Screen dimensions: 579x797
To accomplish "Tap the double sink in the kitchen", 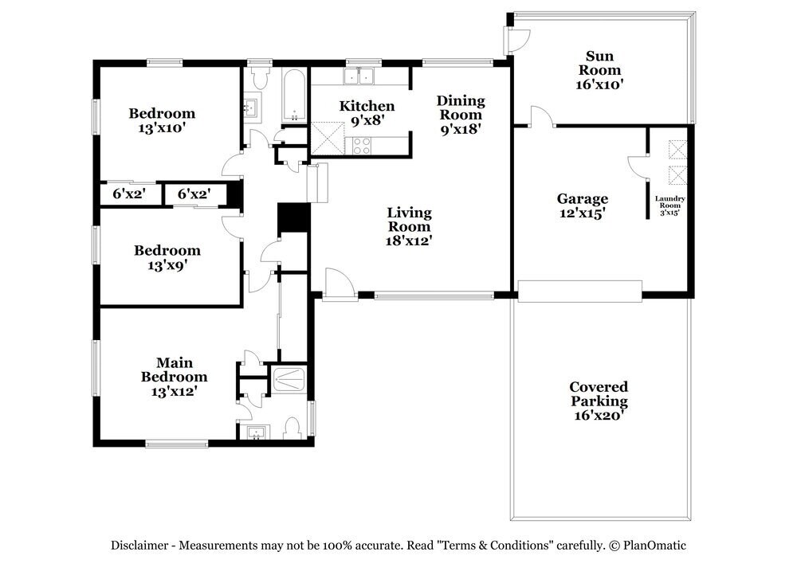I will click(359, 76).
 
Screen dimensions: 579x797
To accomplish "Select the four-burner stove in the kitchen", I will click(360, 145).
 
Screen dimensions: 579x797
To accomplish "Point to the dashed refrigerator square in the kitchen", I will click(327, 138).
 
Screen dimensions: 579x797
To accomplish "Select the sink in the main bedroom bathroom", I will click(256, 432).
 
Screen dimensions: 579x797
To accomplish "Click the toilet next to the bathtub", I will click(259, 78).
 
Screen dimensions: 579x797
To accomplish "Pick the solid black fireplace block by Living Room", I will click(292, 219).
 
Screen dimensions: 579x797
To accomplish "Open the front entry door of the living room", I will click(335, 283).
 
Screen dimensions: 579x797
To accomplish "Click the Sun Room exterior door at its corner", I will click(516, 36).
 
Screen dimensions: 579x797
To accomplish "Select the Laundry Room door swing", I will click(638, 165).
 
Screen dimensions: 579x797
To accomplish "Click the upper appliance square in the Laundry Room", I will click(677, 150).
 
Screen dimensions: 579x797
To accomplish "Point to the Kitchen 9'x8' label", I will click(367, 113).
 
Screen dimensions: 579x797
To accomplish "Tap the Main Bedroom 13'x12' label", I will click(174, 377).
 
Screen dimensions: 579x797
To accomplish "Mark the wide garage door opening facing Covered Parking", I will click(579, 291).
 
